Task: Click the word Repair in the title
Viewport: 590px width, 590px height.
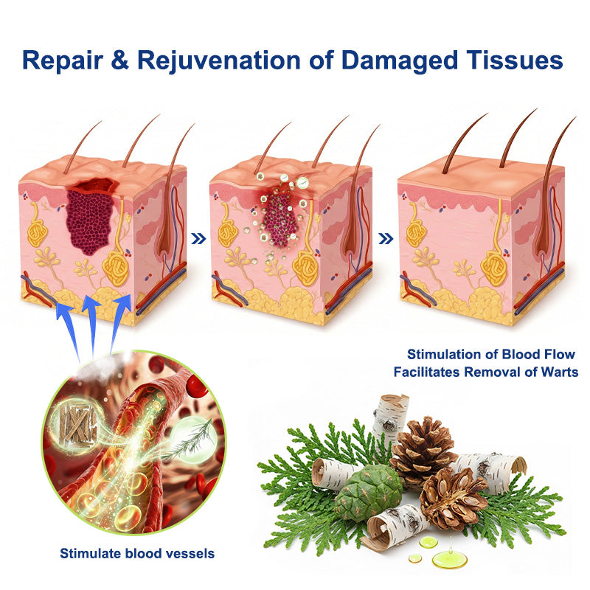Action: tap(63, 60)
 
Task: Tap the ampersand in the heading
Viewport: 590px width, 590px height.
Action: tap(120, 60)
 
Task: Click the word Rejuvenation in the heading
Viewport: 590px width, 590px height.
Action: tap(219, 61)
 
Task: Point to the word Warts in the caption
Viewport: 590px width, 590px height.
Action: tap(559, 372)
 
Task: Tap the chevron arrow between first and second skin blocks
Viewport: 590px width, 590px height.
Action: tap(198, 238)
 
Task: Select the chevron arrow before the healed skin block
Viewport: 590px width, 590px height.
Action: tap(386, 238)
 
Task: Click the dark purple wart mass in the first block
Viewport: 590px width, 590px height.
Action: tap(90, 220)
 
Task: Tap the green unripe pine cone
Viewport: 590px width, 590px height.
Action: tap(369, 493)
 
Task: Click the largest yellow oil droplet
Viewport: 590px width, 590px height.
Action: tap(449, 559)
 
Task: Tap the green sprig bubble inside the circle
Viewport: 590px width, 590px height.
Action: tap(194, 438)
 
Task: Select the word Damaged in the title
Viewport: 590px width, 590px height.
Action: tap(400, 61)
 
